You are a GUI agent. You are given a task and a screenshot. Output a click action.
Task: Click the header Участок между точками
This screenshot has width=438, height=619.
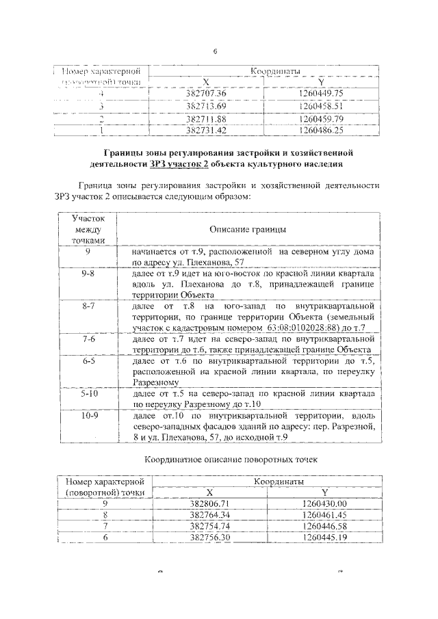[x=88, y=228]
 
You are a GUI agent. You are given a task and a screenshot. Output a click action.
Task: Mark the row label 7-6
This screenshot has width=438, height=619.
[x=88, y=339]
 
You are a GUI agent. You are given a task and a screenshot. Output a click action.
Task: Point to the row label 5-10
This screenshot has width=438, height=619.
[x=88, y=395]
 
